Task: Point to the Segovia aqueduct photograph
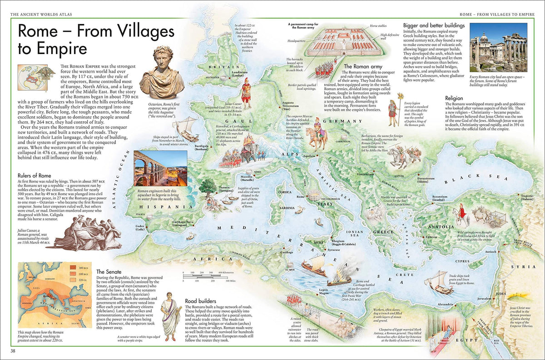[160, 168]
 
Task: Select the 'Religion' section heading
[454, 98]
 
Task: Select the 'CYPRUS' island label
[461, 261]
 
